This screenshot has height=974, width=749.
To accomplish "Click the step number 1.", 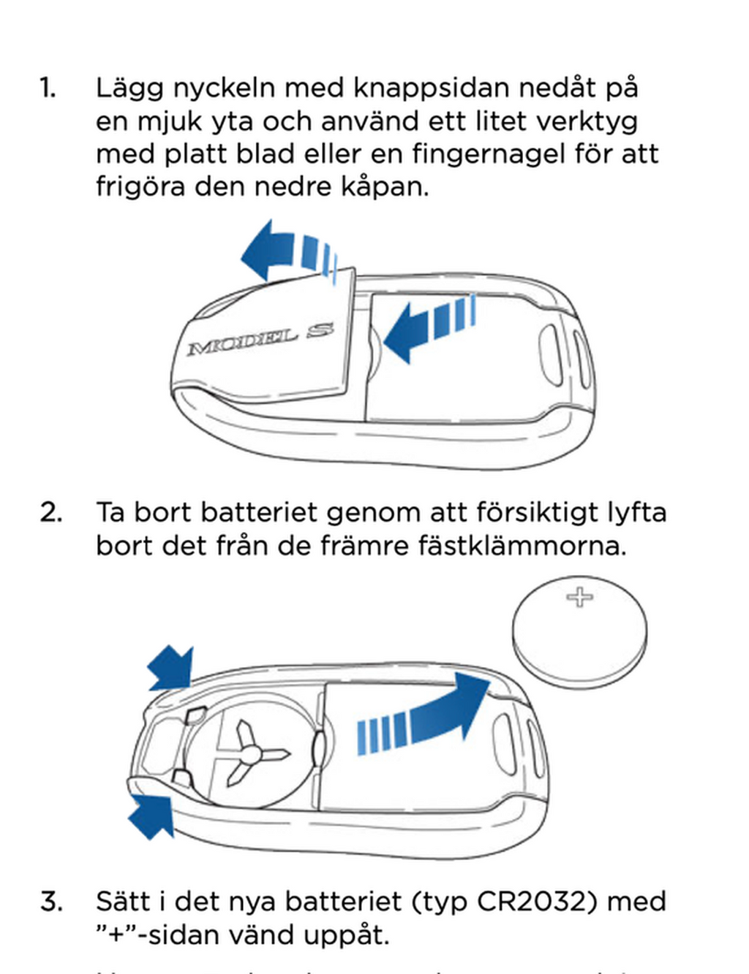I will [48, 88].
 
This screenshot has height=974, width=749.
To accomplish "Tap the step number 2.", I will [50, 512].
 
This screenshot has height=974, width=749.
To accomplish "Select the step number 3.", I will [51, 901].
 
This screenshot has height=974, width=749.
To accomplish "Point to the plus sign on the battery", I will [579, 597].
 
